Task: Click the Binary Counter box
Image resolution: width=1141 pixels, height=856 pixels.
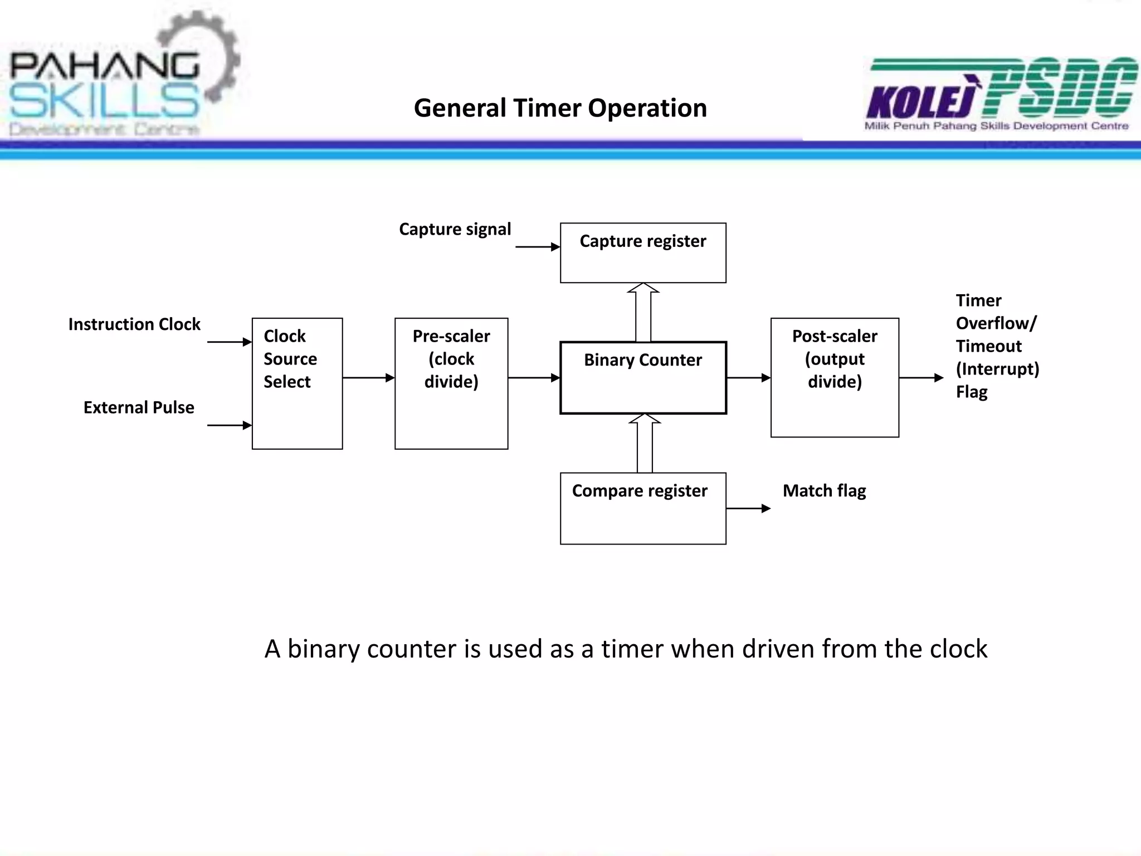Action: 643,377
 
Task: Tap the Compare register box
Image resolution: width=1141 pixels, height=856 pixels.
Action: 643,508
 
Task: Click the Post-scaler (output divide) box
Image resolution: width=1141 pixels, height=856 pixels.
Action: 835,377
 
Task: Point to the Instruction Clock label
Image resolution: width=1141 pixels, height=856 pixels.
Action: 134,324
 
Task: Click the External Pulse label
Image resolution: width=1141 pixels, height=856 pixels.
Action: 139,407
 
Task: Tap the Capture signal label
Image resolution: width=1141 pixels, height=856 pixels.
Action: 455,229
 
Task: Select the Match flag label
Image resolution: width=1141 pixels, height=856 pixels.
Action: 824,491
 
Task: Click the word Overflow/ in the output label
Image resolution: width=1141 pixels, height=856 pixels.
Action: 996,323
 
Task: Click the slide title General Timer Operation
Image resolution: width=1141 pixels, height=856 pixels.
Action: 560,108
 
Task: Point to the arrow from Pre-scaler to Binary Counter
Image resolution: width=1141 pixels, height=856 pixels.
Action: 534,378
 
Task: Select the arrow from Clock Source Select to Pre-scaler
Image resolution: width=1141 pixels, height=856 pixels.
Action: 368,378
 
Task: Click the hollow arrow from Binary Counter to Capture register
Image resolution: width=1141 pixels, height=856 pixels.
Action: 643,313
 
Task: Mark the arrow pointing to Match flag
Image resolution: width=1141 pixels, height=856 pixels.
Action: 748,508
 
